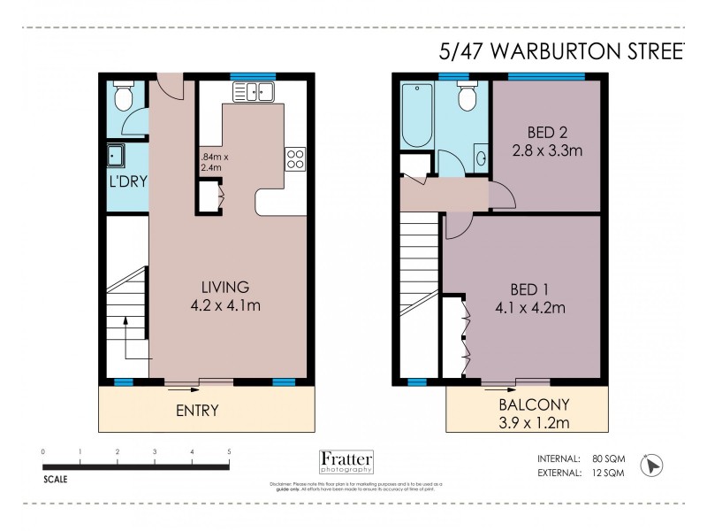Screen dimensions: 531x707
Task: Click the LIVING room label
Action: tap(224, 287)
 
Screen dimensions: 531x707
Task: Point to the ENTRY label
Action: tap(197, 411)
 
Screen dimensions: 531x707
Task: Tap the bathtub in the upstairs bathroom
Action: tap(416, 114)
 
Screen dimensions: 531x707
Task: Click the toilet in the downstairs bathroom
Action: tap(124, 94)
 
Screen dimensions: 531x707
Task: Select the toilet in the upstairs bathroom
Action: tap(467, 96)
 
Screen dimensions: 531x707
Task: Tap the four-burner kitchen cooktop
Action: tap(294, 159)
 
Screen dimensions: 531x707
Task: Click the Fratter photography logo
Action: tap(346, 463)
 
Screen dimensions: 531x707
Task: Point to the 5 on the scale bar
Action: tap(229, 451)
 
